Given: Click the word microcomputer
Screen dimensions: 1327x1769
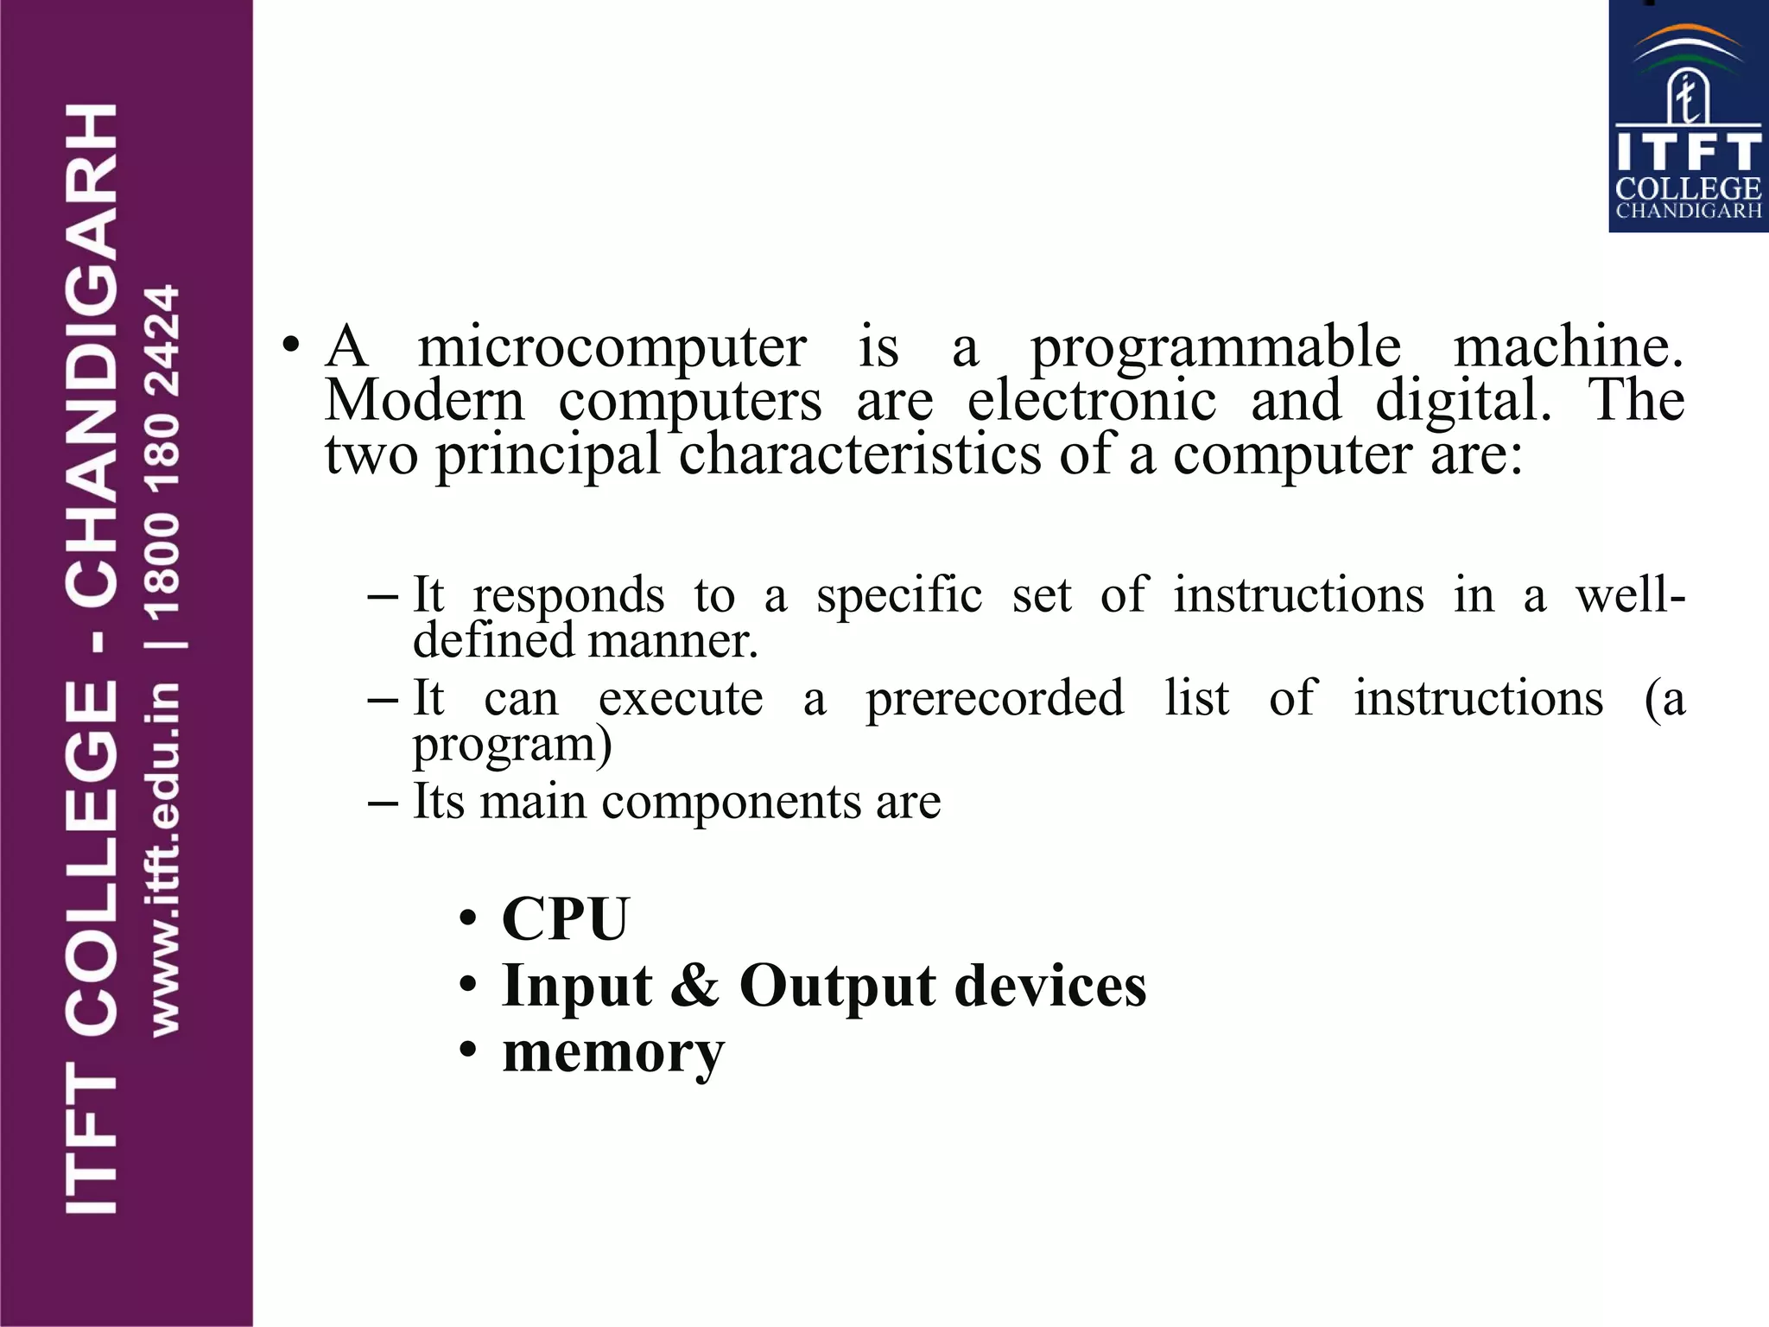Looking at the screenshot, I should pyautogui.click(x=612, y=348).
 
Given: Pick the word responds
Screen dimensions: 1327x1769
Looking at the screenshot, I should pyautogui.click(x=568, y=596).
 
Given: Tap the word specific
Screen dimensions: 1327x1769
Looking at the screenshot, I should pyautogui.click(x=899, y=596).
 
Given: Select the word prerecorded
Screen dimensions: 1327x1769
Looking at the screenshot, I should pyautogui.click(x=995, y=699).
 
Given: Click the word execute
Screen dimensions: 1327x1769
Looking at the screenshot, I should pyautogui.click(x=681, y=699).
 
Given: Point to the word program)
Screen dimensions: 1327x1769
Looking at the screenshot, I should pyautogui.click(x=512, y=746).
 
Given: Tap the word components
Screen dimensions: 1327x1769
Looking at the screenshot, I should pyautogui.click(x=732, y=802).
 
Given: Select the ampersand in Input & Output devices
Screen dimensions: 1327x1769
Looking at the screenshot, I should pyautogui.click(x=694, y=985).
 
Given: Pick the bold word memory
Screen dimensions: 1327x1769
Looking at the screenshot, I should pyautogui.click(x=613, y=1054).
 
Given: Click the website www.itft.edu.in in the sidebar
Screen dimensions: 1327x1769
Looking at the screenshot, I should pyautogui.click(x=164, y=859).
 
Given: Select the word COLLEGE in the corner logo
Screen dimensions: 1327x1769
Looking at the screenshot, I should pyautogui.click(x=1688, y=188).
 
